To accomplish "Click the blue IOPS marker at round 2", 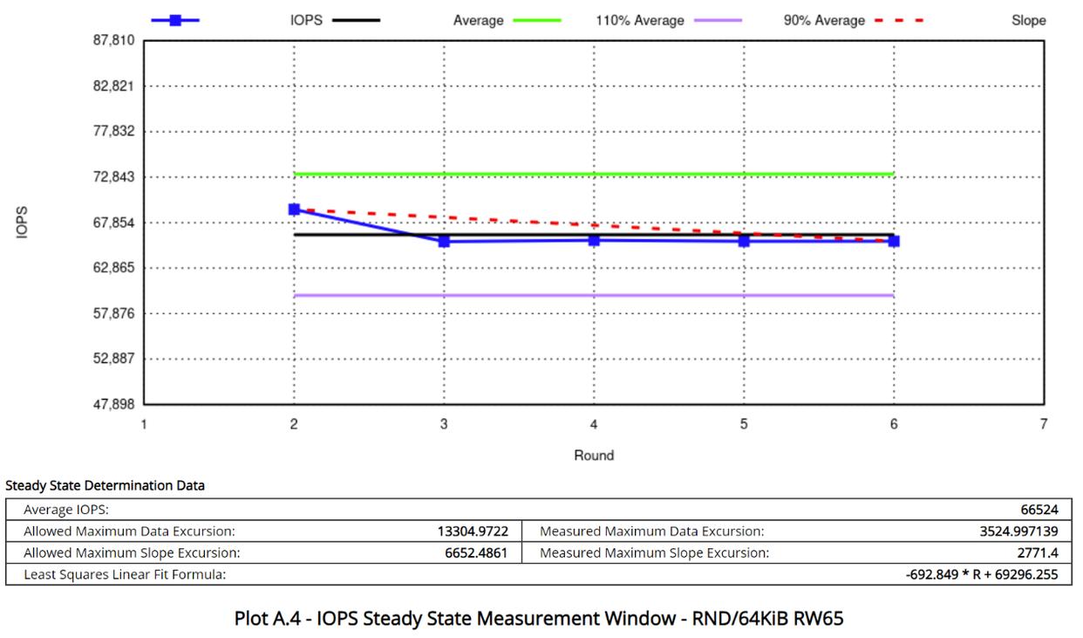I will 294,209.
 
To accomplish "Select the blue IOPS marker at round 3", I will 444,241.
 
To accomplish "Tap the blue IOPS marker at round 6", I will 894,241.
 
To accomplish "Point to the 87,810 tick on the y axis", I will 113,40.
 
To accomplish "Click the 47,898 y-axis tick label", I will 113,404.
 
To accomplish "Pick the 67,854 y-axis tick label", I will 113,223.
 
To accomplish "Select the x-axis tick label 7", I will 1043,425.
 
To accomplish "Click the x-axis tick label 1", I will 144,425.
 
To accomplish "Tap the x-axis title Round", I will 594,455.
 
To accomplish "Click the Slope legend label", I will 1028,20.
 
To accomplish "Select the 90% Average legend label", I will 823,20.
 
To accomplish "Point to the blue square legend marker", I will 175,20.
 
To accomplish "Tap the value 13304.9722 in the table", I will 473,531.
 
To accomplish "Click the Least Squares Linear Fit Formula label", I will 124,574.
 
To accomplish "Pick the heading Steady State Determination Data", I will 105,485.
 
